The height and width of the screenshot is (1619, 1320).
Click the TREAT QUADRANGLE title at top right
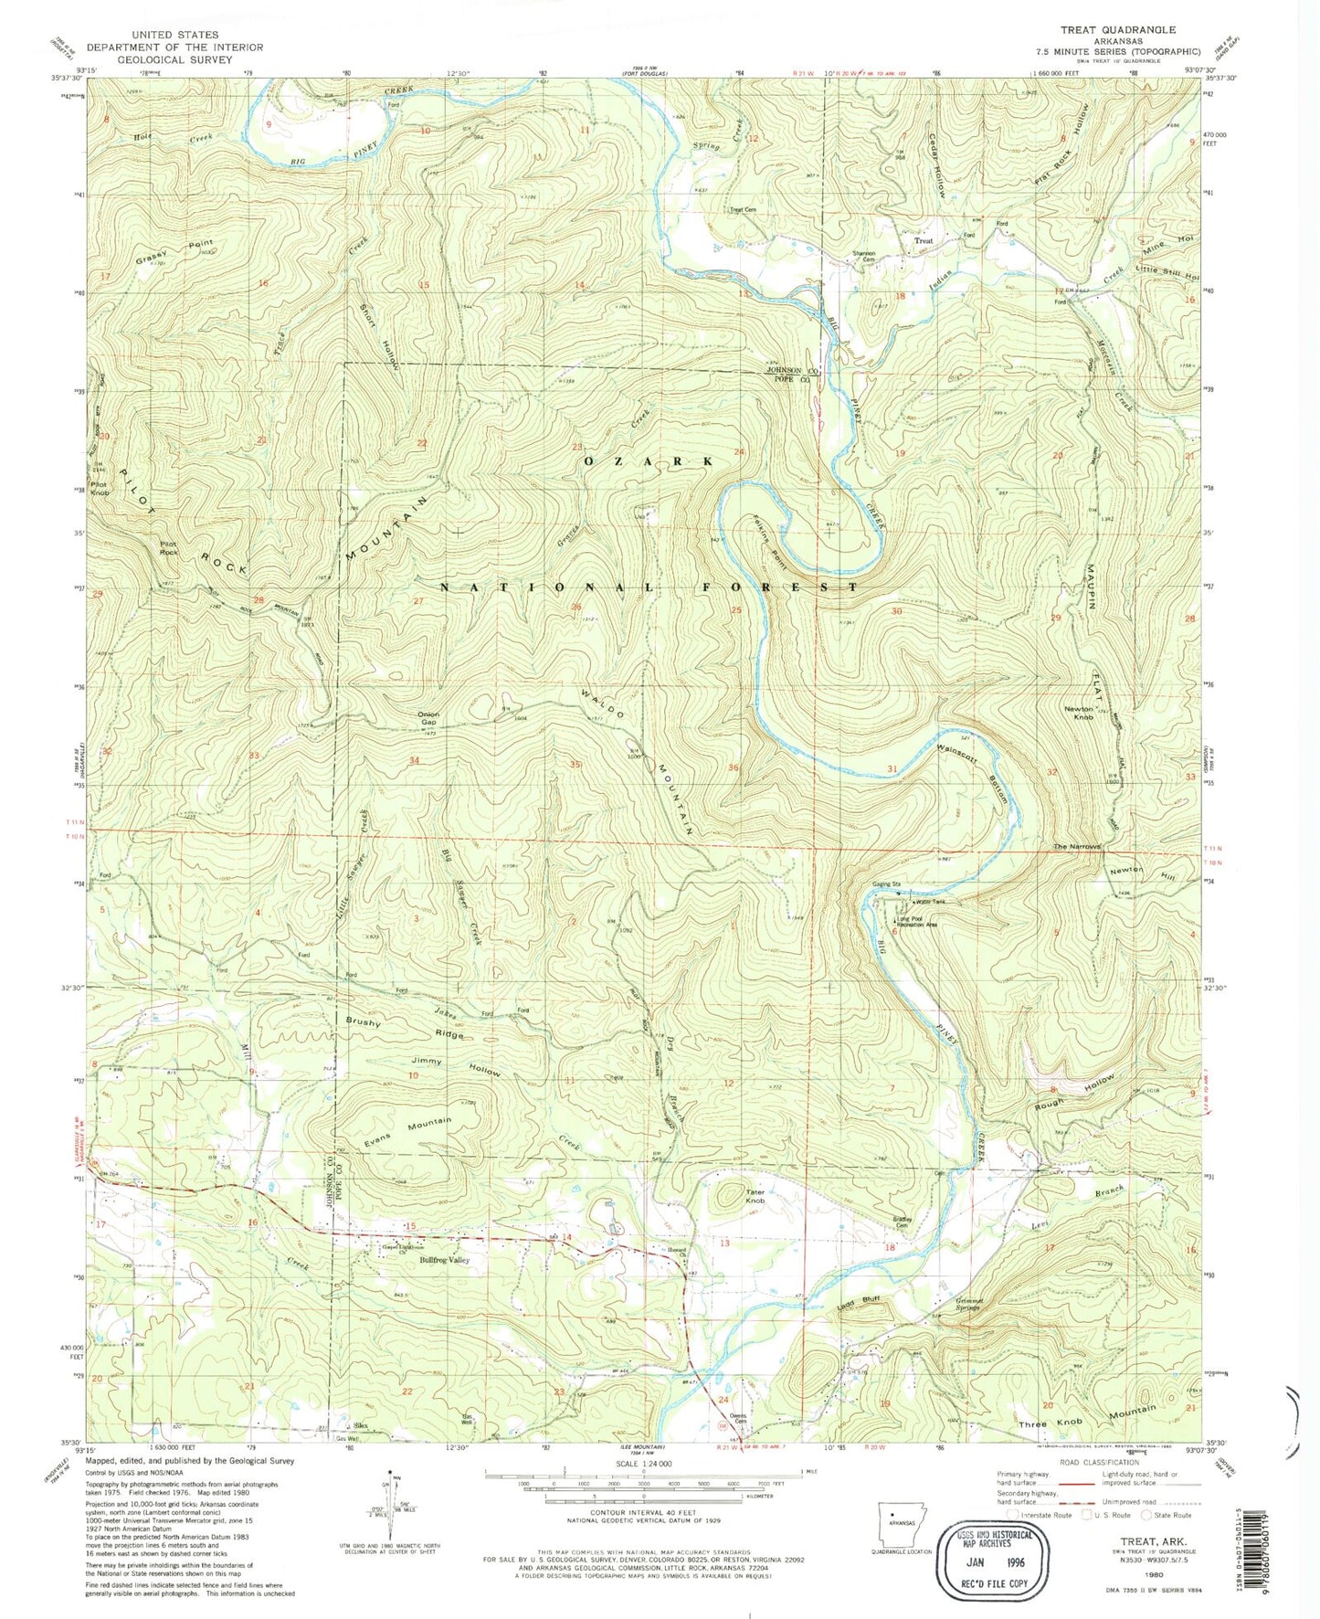tap(1118, 29)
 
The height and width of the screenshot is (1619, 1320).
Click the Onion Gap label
tap(428, 718)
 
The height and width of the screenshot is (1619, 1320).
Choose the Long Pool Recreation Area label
tap(916, 923)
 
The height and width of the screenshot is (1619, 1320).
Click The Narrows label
tap(1077, 847)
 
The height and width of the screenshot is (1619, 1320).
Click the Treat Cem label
tap(742, 209)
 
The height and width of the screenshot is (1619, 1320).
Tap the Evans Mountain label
tap(407, 1130)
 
